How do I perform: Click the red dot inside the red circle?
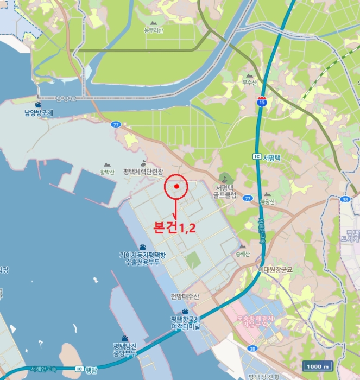tap(176, 187)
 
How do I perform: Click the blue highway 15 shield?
tap(262, 101)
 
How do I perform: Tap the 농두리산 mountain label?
tap(153, 30)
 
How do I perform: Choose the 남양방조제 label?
tap(39, 113)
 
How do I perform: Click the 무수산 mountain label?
tap(249, 83)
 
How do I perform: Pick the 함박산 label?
tap(107, 172)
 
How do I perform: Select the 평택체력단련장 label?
tap(143, 171)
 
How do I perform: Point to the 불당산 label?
tap(267, 201)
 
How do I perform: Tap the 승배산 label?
tap(243, 254)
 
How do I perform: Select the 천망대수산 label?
tap(185, 296)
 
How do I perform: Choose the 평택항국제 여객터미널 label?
tap(185, 322)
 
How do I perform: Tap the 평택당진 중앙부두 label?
tap(125, 349)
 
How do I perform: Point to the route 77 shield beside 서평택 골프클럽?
tap(248, 199)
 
